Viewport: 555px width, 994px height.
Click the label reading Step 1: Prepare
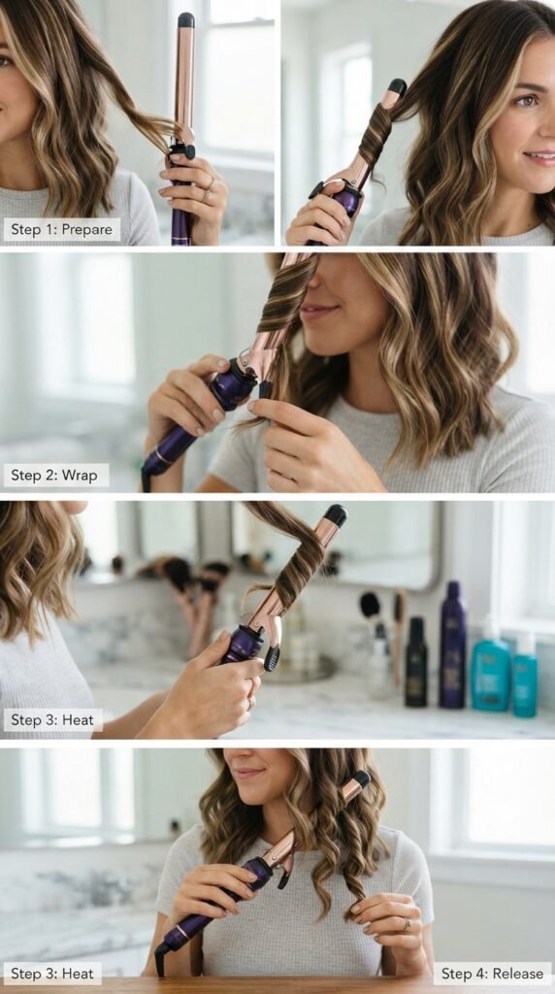61,229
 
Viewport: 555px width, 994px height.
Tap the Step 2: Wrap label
55,475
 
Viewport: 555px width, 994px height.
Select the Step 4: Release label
492,973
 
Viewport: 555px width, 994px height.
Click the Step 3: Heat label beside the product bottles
52,719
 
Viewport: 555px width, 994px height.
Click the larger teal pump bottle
490,673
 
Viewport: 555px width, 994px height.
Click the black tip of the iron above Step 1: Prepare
186,19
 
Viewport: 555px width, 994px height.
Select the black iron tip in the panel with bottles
335,514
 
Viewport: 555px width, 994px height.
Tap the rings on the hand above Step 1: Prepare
208,189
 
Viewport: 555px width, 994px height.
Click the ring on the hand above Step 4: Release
408,925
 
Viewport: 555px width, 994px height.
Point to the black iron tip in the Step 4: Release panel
362,779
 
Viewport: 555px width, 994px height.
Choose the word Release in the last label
517,973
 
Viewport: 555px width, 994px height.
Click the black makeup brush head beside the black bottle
371,605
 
